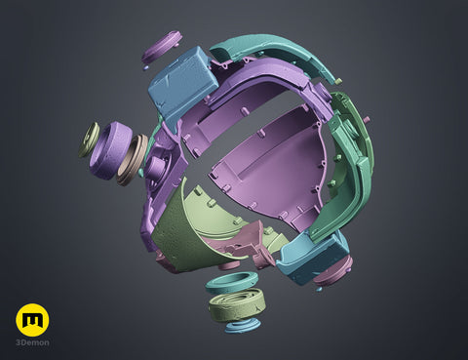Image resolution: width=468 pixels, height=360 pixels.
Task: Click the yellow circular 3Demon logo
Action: pyautogui.click(x=32, y=320)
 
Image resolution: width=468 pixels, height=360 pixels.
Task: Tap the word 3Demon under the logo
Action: pyautogui.click(x=32, y=342)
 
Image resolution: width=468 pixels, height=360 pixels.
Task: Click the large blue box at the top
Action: pyautogui.click(x=182, y=84)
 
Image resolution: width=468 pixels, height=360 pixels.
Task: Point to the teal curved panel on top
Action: pyautogui.click(x=276, y=54)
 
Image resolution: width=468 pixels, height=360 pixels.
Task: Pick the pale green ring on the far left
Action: pyautogui.click(x=89, y=140)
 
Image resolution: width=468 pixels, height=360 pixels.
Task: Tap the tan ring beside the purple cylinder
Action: pyautogui.click(x=132, y=160)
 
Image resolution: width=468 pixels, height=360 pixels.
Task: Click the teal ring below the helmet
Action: pyautogui.click(x=232, y=284)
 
